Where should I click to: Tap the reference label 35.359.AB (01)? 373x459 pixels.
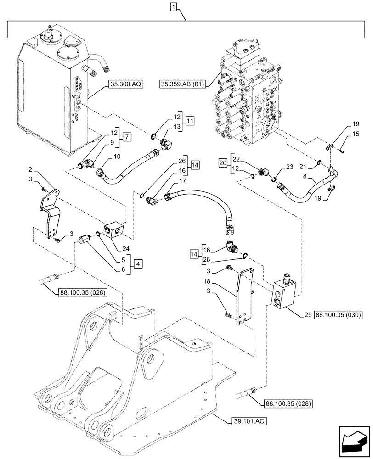tap(183, 84)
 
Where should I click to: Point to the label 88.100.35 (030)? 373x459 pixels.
tap(339, 314)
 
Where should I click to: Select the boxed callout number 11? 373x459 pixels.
tap(190, 122)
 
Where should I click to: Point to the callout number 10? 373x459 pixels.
tap(117, 157)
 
